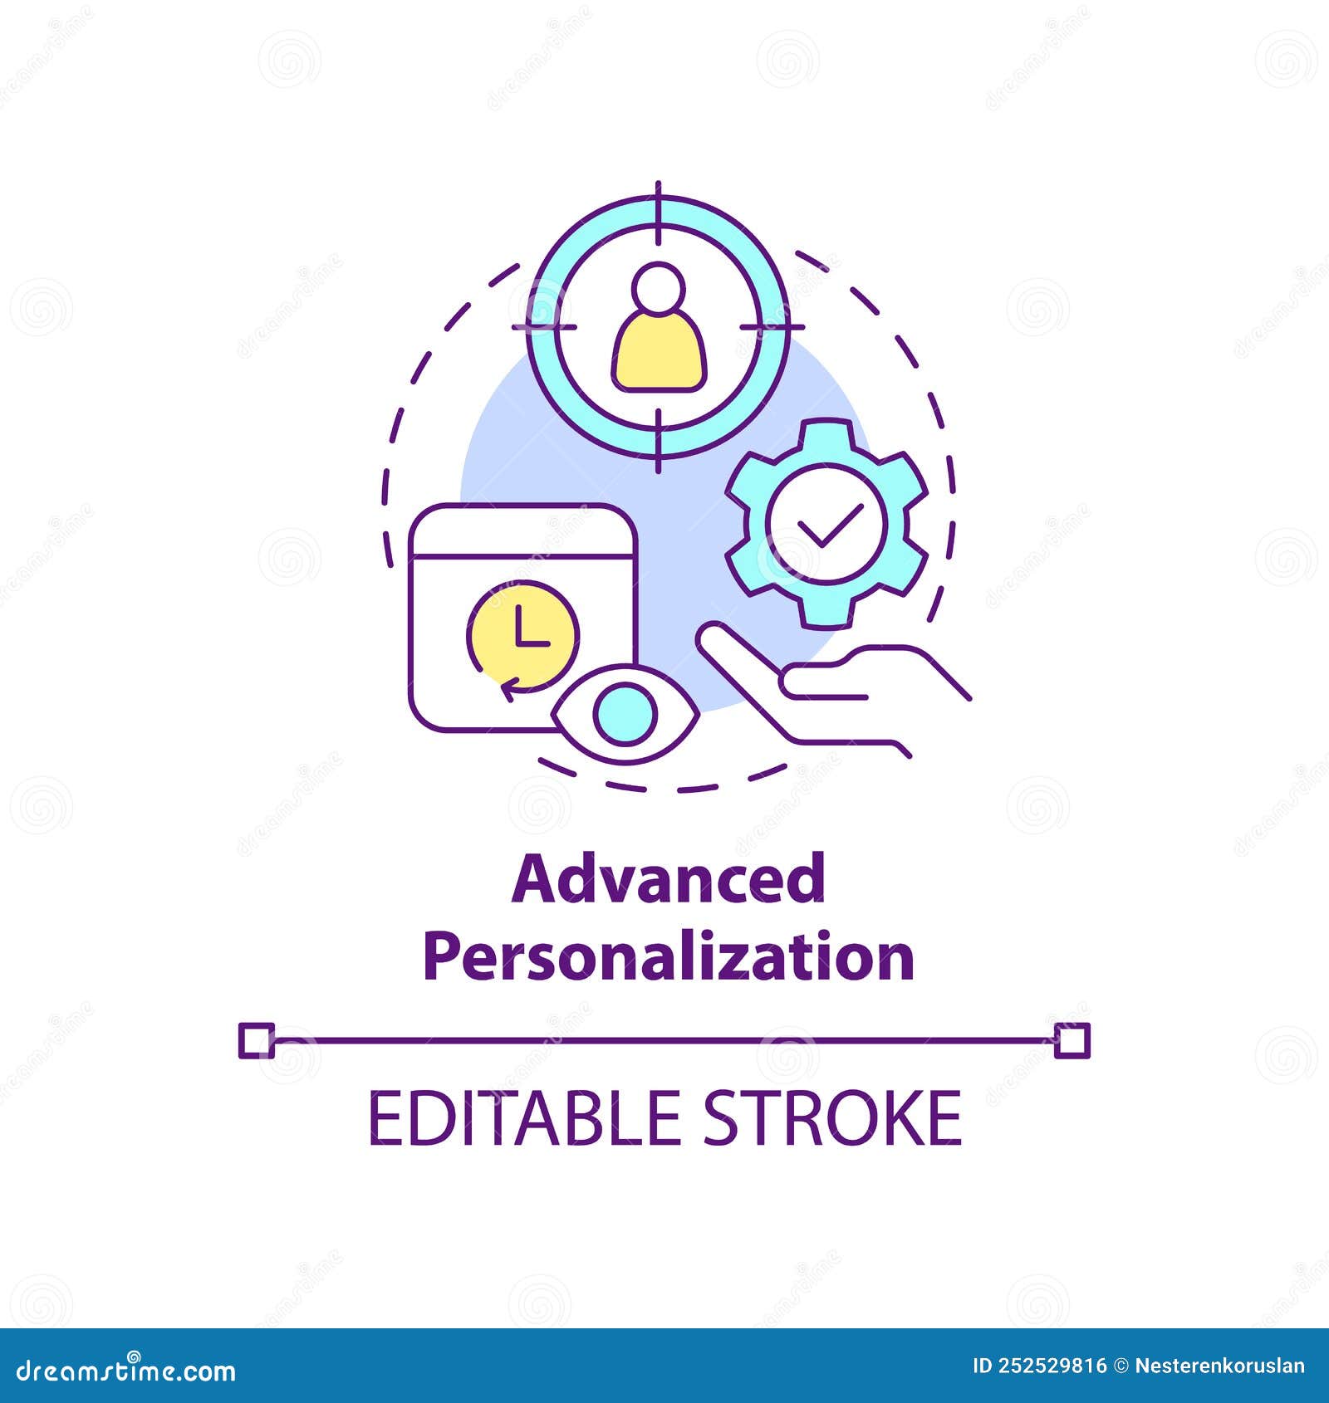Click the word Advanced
point(668,880)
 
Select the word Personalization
point(669,956)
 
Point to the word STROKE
point(832,1118)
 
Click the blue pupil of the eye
point(625,712)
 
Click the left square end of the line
point(256,1040)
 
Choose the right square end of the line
point(1072,1040)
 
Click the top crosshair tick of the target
point(659,212)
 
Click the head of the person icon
point(659,288)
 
